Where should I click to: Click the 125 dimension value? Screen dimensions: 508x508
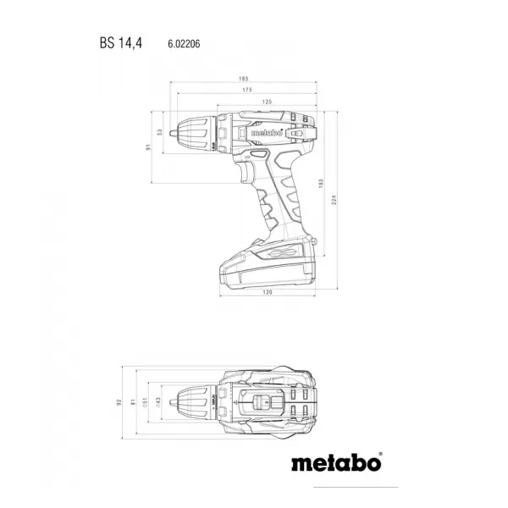click(x=267, y=102)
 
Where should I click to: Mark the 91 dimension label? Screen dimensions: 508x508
click(x=147, y=147)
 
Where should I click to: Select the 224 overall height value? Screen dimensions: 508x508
click(x=334, y=200)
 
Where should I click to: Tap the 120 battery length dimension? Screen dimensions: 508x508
click(x=267, y=292)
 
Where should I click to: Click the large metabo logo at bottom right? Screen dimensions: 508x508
click(x=337, y=463)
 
